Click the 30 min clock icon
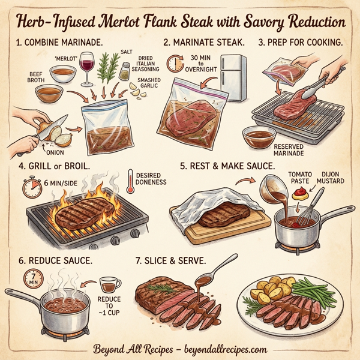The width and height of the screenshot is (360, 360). (175, 64)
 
